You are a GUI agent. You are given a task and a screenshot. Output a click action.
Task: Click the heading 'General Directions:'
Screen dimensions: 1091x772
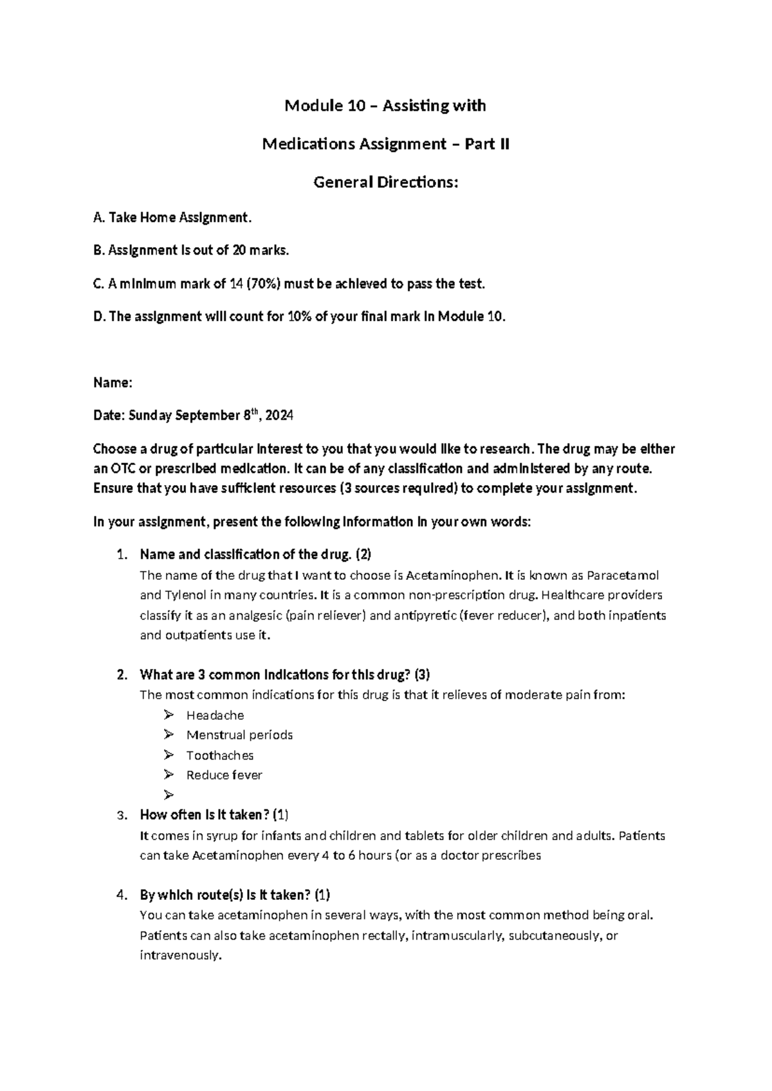pos(385,183)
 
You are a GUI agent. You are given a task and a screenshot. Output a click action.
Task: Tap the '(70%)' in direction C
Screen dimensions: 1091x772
pos(264,284)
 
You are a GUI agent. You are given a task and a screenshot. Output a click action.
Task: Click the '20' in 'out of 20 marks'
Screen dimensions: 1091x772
pos(239,250)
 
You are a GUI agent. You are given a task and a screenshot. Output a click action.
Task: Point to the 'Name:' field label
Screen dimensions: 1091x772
pos(113,383)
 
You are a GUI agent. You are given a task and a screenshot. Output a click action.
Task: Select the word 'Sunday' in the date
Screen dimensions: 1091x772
pos(150,416)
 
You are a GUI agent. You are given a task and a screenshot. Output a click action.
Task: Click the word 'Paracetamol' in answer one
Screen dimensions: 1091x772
pos(623,575)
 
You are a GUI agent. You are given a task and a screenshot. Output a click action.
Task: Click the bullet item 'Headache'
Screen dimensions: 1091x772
pos(215,715)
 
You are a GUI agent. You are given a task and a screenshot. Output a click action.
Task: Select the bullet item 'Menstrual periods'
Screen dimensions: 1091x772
pos(239,735)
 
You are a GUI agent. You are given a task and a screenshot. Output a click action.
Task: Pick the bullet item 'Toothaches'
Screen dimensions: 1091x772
pos(220,755)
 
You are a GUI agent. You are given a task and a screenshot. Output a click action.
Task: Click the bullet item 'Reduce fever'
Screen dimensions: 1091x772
pos(224,775)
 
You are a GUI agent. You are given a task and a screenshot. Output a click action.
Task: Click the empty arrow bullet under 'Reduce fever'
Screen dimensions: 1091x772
pos(169,795)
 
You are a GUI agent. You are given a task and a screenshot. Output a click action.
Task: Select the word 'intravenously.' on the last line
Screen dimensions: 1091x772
pos(181,955)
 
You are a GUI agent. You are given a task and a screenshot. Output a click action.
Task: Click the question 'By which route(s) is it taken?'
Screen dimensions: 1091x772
pos(235,895)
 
